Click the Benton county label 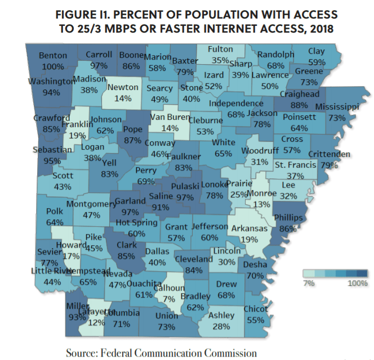(53, 56)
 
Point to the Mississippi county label (337, 107)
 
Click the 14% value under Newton (122, 98)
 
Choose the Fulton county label (220, 49)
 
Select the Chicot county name (256, 309)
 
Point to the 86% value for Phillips (288, 229)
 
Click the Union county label (166, 316)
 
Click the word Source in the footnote (82, 353)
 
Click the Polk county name (55, 211)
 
